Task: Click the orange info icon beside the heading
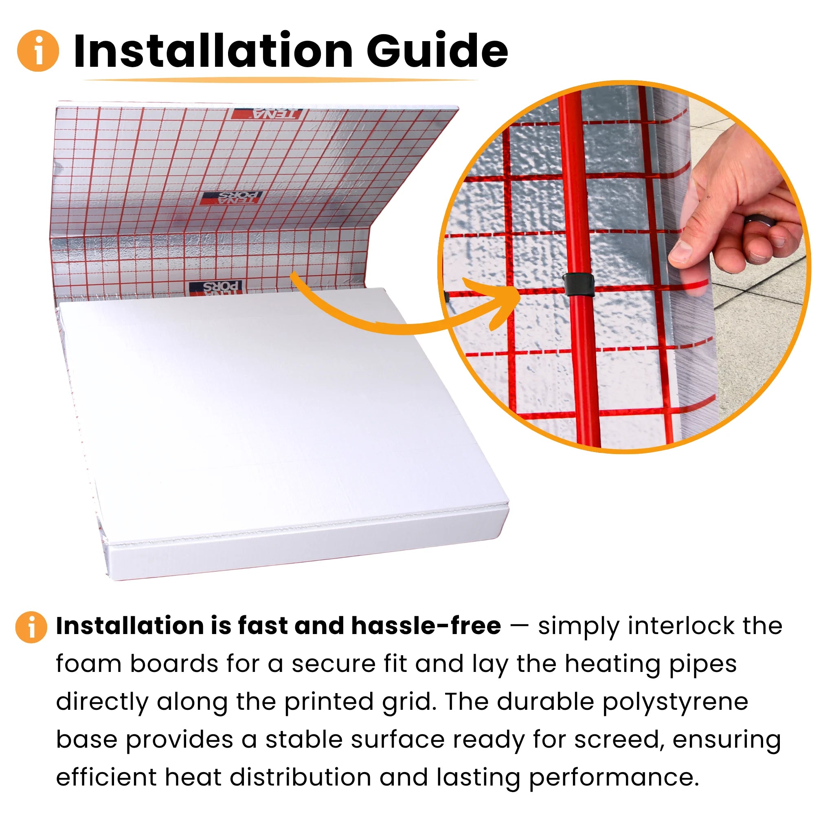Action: tap(38, 50)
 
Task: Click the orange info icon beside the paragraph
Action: tap(31, 627)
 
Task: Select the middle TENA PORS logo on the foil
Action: tap(231, 198)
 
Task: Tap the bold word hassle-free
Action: tap(426, 626)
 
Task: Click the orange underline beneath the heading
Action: tap(281, 80)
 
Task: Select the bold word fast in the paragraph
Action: tap(264, 626)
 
